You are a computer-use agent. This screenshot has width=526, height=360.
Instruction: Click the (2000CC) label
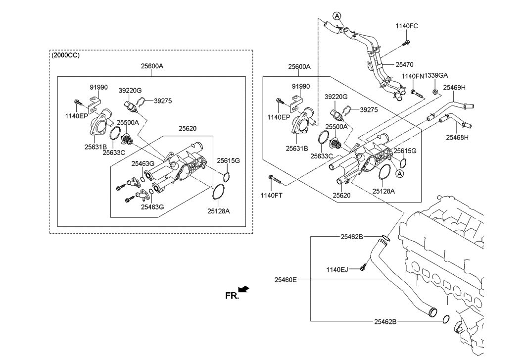(65, 55)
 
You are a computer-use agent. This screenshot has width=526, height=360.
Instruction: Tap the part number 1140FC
(407, 26)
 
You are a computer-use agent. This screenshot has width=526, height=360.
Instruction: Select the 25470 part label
(404, 64)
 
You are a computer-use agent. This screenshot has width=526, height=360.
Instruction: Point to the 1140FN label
(412, 76)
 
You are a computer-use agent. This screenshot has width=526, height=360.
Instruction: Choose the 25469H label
(454, 87)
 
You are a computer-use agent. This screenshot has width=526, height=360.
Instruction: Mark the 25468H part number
(457, 137)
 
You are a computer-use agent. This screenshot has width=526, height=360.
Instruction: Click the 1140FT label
(271, 195)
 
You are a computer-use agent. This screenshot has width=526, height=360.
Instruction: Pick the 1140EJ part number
(337, 270)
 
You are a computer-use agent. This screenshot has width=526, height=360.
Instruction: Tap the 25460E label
(286, 280)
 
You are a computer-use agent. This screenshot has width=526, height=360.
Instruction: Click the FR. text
(232, 296)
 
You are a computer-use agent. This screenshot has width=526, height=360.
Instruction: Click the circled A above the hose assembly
(337, 16)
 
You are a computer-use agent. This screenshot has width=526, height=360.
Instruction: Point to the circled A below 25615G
(399, 173)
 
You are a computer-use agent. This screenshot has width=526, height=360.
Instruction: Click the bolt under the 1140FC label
(405, 44)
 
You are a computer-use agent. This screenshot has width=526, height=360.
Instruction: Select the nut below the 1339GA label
(434, 92)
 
